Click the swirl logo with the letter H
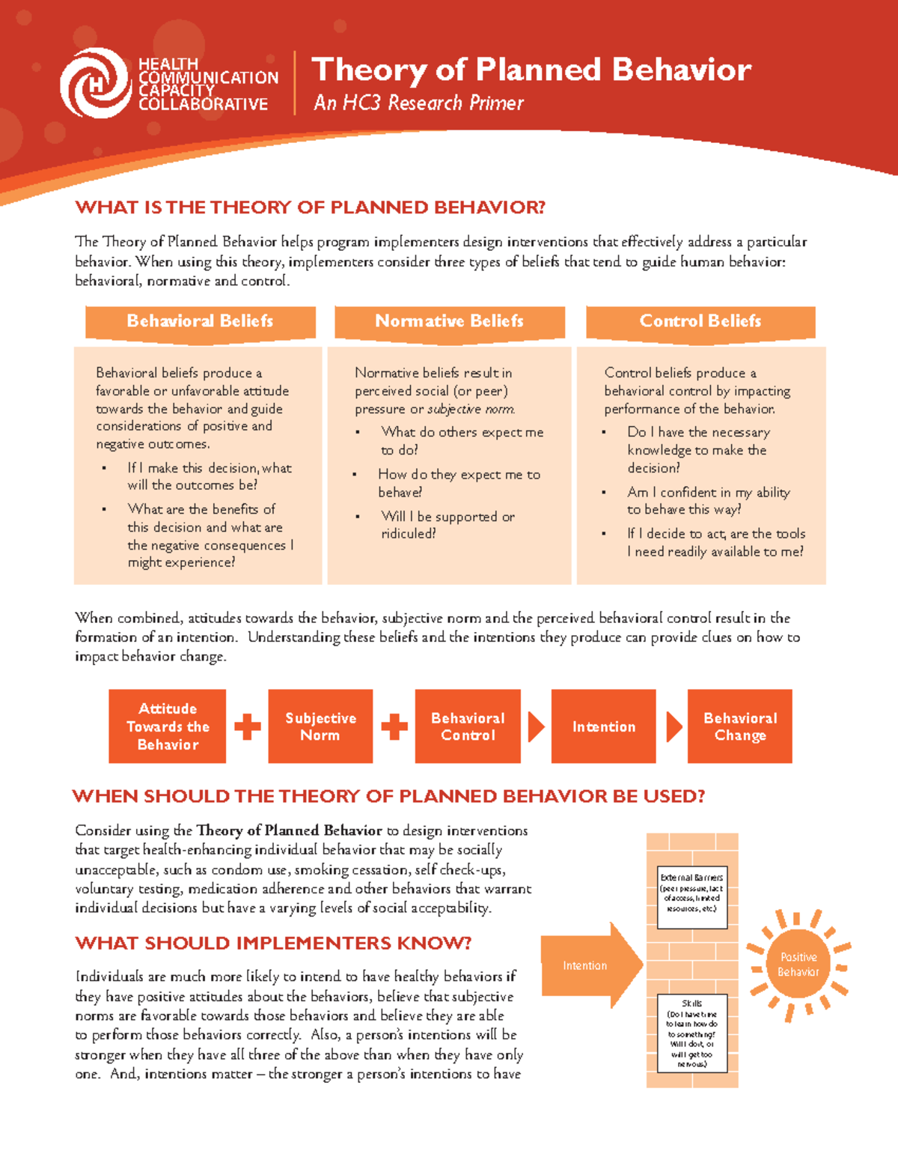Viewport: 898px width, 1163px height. pos(96,83)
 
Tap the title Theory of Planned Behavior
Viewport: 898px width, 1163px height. pos(531,70)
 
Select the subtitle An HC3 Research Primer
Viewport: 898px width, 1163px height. pos(418,103)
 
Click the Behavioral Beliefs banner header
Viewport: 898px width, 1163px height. pos(200,321)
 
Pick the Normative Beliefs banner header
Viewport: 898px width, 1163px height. pos(449,321)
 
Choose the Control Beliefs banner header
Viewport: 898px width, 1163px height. pos(700,321)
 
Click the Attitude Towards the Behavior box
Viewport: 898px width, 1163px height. pos(168,726)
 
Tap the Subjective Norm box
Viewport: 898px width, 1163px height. pos(320,726)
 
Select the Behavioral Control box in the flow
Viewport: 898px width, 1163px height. pos(468,726)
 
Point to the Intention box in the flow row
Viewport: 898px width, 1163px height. pos(603,726)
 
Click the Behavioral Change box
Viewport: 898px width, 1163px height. pos(739,726)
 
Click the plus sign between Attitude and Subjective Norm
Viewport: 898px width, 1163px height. pos(248,726)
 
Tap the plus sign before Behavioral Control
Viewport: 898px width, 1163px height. pos(394,726)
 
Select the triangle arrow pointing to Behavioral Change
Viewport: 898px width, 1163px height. pos(673,726)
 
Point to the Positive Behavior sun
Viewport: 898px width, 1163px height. pos(798,965)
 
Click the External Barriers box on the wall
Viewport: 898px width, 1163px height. pos(691,896)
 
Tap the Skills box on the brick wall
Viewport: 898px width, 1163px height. pos(691,1033)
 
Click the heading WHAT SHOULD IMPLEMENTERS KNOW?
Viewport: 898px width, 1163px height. pos(273,943)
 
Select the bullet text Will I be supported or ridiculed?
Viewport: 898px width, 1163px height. pos(447,525)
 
